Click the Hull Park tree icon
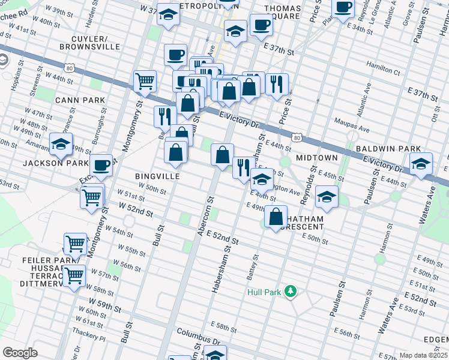coord(291,292)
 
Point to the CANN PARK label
coord(80,100)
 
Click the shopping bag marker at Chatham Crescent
coord(276,217)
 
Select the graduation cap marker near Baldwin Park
coord(421,164)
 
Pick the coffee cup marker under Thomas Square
coord(261,26)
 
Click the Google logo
coord(20,353)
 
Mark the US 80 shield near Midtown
coord(297,138)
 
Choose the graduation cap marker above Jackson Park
coord(60,144)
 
